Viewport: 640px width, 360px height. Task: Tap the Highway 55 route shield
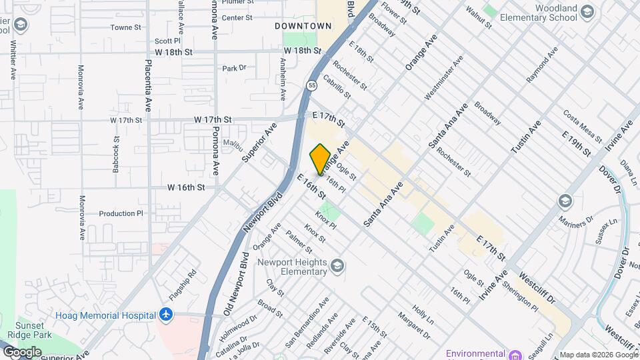coord(311,85)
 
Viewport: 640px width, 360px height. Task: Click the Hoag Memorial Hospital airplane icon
coord(166,315)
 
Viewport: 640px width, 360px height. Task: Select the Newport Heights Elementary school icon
coord(338,266)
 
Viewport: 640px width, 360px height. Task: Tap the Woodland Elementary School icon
coord(587,11)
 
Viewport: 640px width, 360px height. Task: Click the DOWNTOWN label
coord(303,26)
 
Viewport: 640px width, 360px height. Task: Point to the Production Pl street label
coord(121,214)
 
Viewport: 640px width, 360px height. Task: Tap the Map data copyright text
coord(597,354)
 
